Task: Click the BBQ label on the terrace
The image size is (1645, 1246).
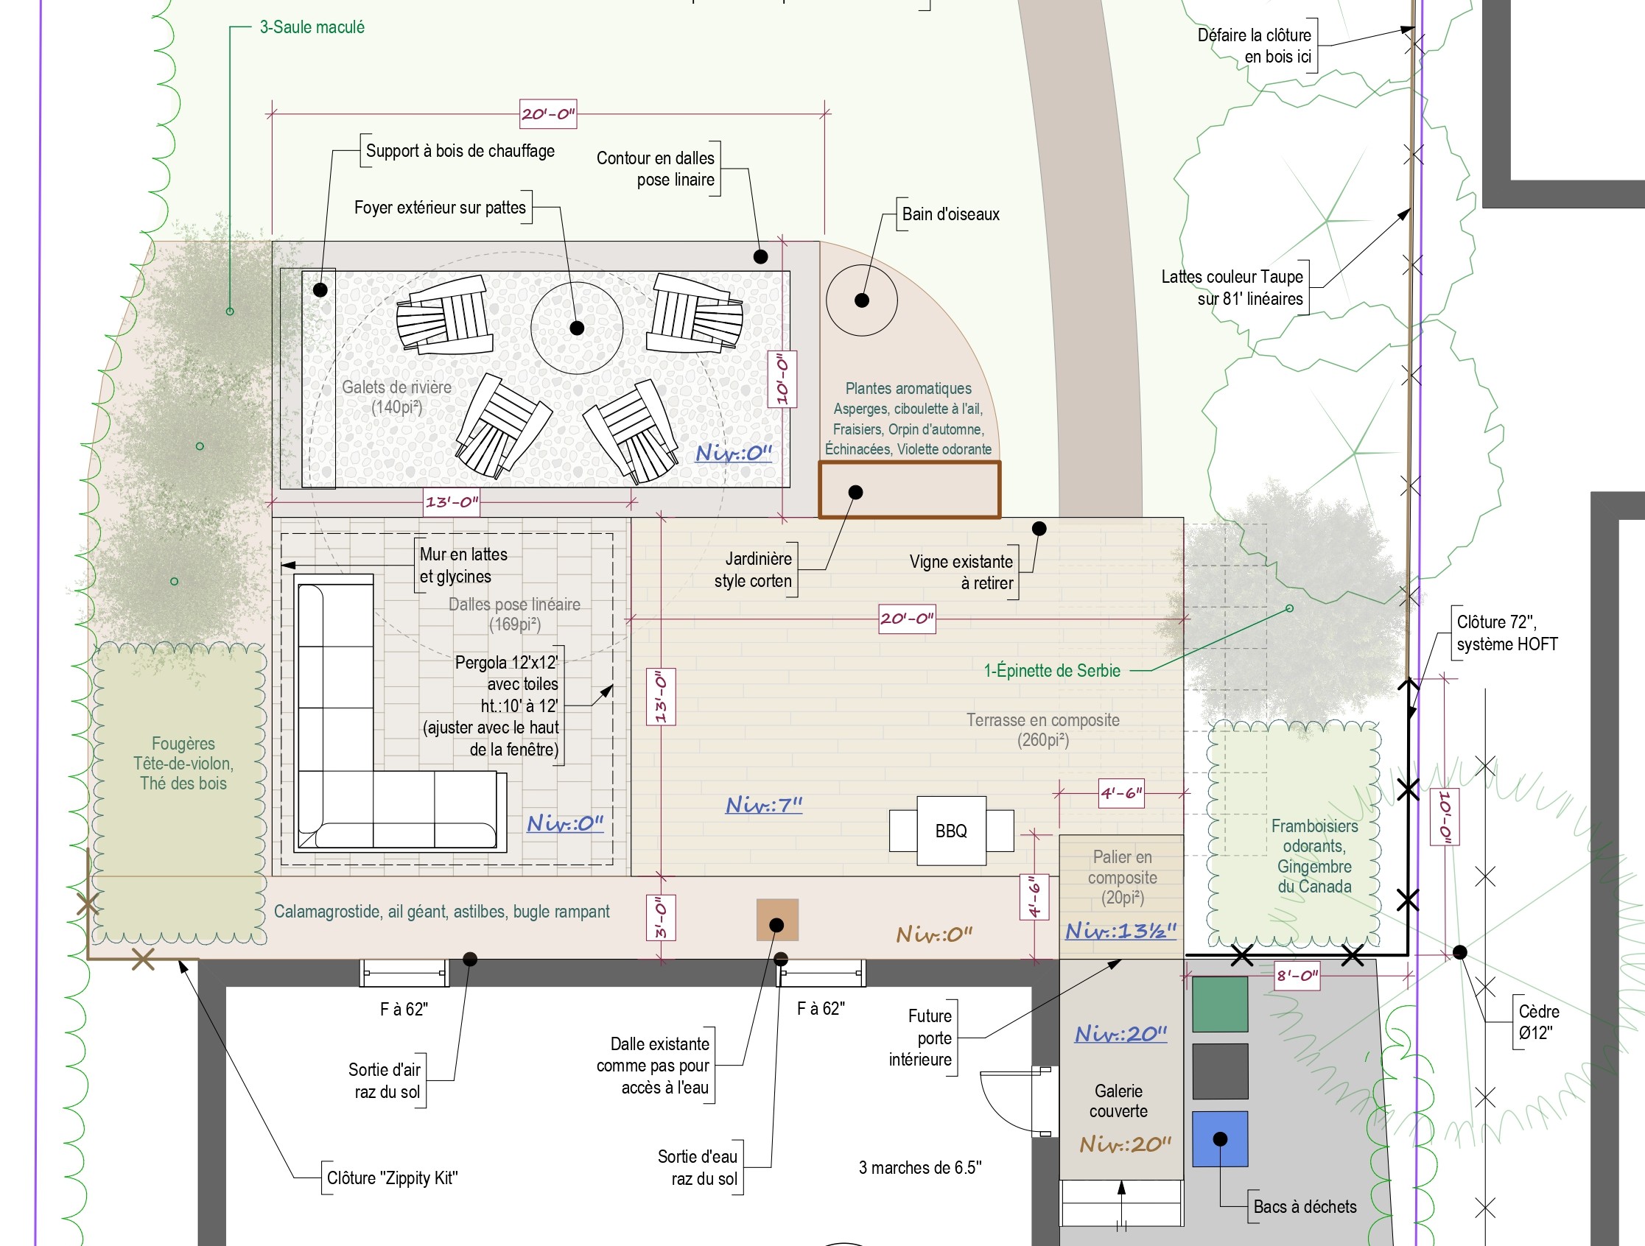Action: (951, 831)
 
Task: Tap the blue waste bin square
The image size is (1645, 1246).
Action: (1220, 1139)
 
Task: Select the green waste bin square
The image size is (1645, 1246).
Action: (1220, 1004)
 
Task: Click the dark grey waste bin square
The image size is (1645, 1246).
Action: (1220, 1071)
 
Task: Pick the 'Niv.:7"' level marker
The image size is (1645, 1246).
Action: (764, 805)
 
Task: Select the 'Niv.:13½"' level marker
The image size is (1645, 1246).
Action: (1120, 931)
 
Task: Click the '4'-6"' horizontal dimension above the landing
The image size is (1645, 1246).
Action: (1121, 793)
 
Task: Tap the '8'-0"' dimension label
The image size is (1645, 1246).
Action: (1298, 976)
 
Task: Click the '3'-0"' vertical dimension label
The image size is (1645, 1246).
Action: (660, 918)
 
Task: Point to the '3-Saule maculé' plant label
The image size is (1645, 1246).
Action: (312, 27)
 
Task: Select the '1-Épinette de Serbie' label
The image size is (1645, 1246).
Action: (1052, 671)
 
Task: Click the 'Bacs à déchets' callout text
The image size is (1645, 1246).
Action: (1305, 1206)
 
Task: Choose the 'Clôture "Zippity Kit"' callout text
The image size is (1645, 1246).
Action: (393, 1178)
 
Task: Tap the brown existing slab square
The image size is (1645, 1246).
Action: (777, 920)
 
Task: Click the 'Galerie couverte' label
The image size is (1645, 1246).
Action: (1118, 1101)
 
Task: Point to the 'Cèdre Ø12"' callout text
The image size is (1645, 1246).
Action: (1539, 1022)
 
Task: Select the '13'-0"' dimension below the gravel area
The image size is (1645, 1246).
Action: (452, 502)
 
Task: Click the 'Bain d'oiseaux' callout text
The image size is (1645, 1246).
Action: (950, 214)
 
